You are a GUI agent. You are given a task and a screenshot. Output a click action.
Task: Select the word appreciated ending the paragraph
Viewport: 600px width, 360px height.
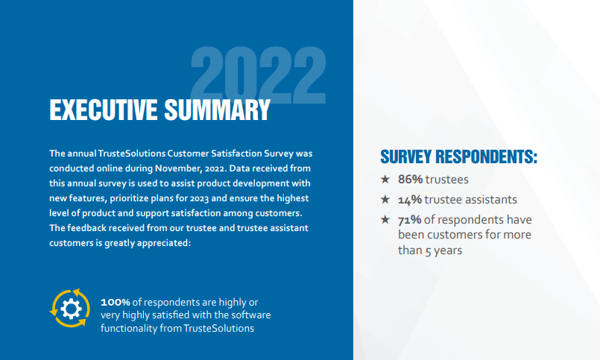(163, 241)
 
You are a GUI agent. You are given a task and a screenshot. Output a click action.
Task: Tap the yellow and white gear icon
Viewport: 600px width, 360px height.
(69, 308)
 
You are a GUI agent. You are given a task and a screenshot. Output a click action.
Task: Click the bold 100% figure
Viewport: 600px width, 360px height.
(116, 302)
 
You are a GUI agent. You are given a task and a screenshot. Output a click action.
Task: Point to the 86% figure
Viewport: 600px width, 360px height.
(410, 180)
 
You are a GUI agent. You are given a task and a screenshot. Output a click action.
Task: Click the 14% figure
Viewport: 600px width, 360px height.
(410, 200)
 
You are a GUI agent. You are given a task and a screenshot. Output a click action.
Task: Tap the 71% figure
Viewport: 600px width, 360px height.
(410, 221)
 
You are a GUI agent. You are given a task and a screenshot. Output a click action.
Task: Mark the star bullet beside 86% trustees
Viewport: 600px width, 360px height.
(385, 180)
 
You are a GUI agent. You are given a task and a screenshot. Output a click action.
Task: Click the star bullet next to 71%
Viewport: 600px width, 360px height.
(385, 220)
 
